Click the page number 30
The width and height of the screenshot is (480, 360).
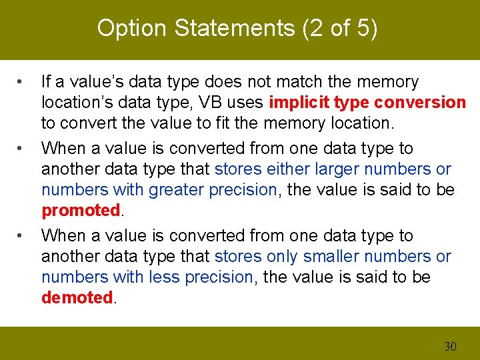click(450, 346)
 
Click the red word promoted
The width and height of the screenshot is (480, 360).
click(80, 211)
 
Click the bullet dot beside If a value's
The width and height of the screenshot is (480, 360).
click(21, 82)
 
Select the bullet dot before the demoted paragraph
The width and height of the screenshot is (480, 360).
click(21, 236)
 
